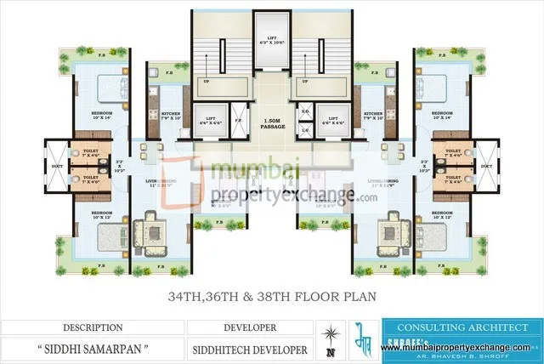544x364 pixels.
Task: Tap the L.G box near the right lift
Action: coord(305,128)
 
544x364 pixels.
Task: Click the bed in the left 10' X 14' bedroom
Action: coord(108,88)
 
